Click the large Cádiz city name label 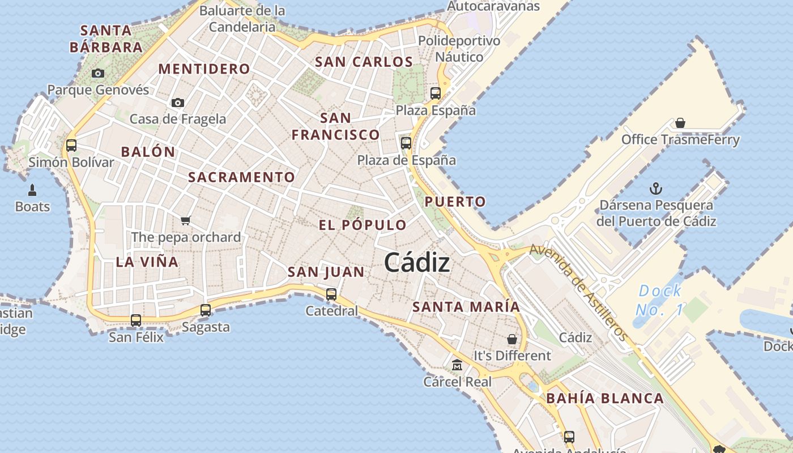point(417,262)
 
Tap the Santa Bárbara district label point(106,39)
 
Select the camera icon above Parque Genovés point(98,73)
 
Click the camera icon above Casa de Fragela point(178,102)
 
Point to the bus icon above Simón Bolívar point(71,145)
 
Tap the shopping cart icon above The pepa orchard point(186,220)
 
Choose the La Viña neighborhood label point(147,262)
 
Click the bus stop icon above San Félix point(136,320)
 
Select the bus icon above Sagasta point(206,310)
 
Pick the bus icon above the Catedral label point(331,294)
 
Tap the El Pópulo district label point(363,225)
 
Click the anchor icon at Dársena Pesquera point(656,188)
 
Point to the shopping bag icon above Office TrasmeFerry point(680,123)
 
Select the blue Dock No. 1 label point(660,300)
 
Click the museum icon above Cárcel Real point(457,365)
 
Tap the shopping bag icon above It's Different point(512,339)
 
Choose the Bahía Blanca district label point(605,398)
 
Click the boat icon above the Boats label point(32,190)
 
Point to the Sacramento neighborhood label point(241,177)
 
